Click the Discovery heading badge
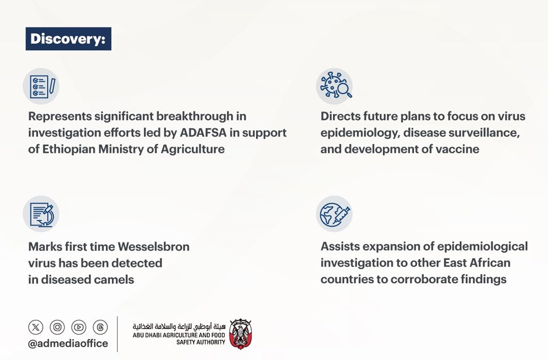click(x=68, y=39)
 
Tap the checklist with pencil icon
click(x=41, y=86)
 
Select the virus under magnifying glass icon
click(x=334, y=86)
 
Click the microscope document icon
click(x=41, y=214)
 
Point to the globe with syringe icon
click(x=334, y=214)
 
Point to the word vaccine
click(x=458, y=149)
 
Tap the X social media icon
click(x=36, y=327)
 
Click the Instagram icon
click(x=57, y=327)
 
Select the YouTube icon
click(x=79, y=327)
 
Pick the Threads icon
click(x=100, y=327)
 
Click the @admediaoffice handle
click(x=68, y=343)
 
